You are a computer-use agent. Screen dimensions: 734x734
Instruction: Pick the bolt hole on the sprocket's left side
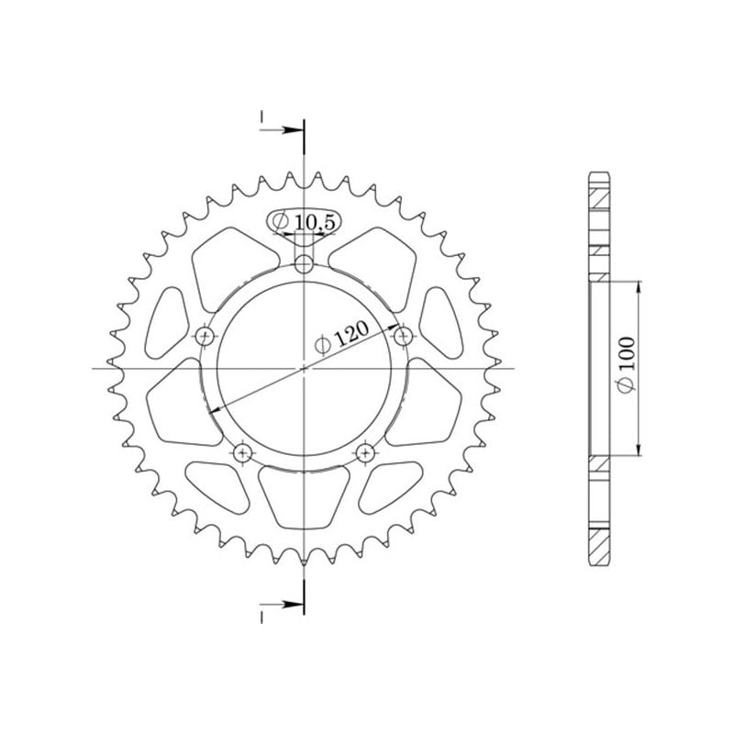pyautogui.click(x=205, y=335)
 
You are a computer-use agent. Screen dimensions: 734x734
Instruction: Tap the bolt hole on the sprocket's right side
pyautogui.click(x=402, y=337)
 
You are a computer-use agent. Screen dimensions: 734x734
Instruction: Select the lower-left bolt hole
pyautogui.click(x=243, y=451)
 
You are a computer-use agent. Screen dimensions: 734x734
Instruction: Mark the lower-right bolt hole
pyautogui.click(x=365, y=451)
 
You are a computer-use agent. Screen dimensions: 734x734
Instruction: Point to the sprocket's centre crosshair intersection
pyautogui.click(x=304, y=369)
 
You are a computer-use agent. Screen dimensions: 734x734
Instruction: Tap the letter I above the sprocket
pyautogui.click(x=261, y=117)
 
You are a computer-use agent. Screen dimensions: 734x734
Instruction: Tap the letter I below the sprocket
pyautogui.click(x=261, y=616)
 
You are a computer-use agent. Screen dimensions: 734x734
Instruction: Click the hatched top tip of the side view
pyautogui.click(x=598, y=194)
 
